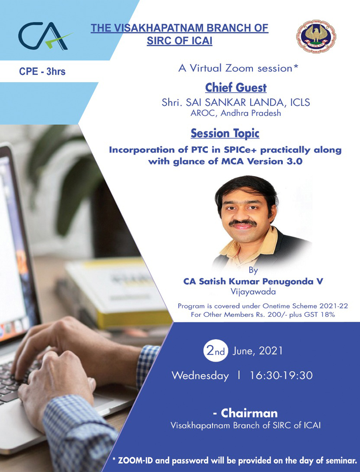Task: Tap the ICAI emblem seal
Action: coord(316,36)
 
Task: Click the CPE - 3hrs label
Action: coord(42,72)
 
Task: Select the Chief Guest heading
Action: coord(236,88)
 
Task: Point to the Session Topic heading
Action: coord(225,133)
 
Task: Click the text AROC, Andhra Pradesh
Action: coord(236,113)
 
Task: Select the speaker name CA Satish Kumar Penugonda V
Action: coord(253,282)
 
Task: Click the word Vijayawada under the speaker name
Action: coord(253,292)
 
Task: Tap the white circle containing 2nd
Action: coord(216,351)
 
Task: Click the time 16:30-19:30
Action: coord(281,376)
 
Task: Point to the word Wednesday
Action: coord(200,376)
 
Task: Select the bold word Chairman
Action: coord(249,413)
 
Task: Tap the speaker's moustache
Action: coord(243,223)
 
